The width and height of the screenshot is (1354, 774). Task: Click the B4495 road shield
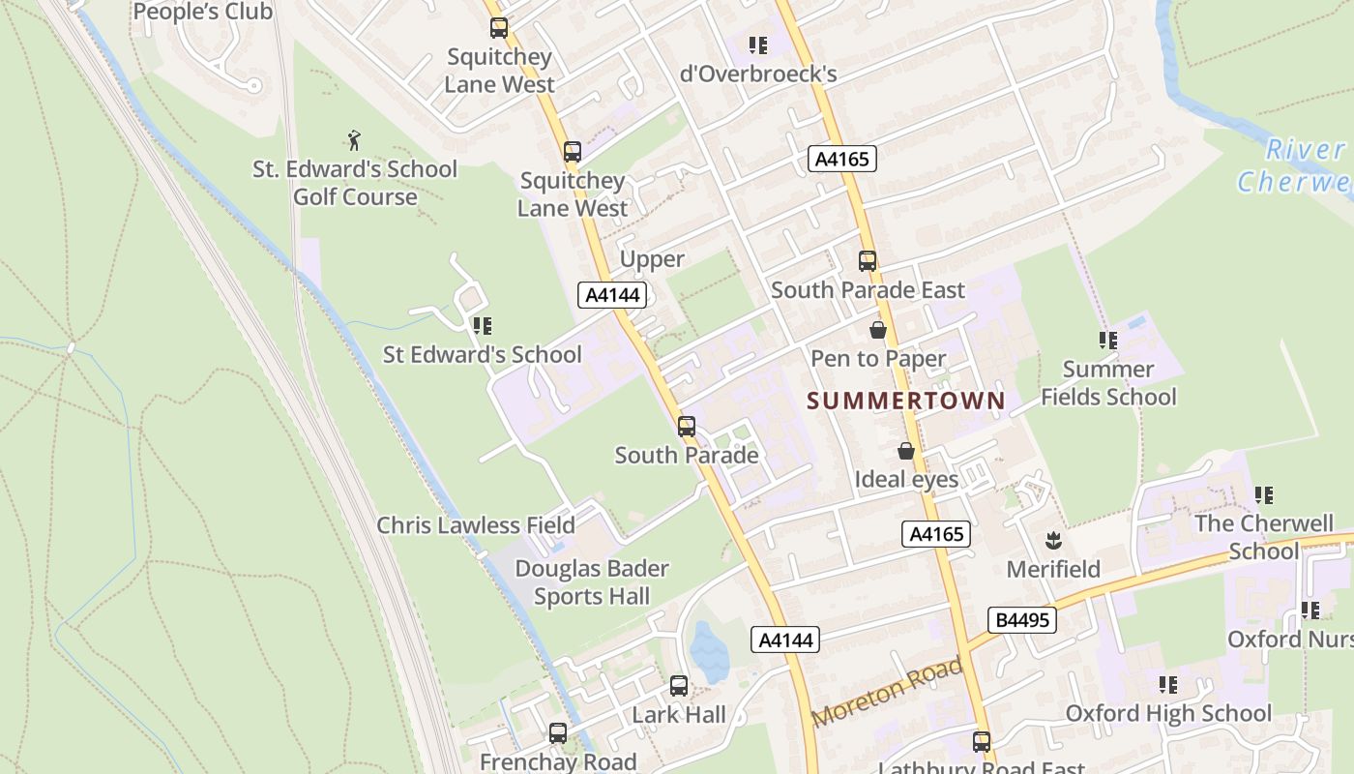pos(1021,620)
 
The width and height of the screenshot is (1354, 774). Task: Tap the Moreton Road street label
pos(888,692)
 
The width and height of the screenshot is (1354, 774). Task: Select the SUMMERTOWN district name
pos(906,401)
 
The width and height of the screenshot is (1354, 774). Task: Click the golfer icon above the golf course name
pos(355,140)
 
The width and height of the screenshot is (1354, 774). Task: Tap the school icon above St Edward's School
pos(482,326)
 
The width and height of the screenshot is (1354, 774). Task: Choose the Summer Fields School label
pos(1108,383)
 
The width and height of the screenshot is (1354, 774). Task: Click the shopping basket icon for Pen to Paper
pos(877,331)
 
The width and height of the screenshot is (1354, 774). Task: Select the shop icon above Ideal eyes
pos(906,452)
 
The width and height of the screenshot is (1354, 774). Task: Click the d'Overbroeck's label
pos(757,74)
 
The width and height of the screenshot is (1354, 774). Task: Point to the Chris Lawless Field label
pos(476,525)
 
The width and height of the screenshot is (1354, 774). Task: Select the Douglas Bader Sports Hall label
pos(592,582)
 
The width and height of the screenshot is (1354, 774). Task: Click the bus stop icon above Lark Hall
pos(679,686)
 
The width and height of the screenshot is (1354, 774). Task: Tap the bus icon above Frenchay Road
pos(558,733)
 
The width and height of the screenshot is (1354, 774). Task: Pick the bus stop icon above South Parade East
pos(868,261)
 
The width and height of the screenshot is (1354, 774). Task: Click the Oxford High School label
pos(1168,714)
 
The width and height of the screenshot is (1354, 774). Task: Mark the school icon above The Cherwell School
pos(1263,495)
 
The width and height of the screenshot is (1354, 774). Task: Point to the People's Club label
pos(203,12)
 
